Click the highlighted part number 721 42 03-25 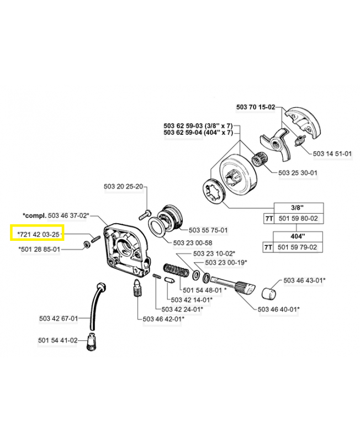coord(38,234)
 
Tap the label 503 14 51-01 coord(332,154)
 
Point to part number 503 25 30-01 coord(298,173)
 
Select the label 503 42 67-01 coord(59,318)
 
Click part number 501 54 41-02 coord(58,340)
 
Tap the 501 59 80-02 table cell coord(298,219)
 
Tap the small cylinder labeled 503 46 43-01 coord(269,292)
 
